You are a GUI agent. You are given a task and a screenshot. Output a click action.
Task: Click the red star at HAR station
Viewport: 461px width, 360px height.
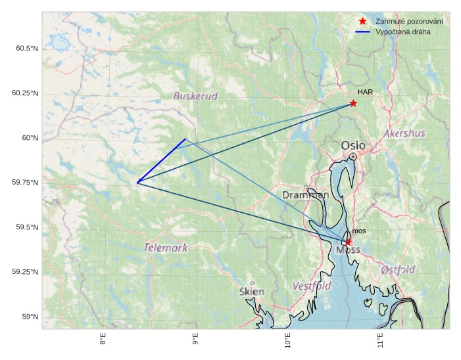point(353,103)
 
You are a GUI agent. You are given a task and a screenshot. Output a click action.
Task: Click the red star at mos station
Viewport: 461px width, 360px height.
point(348,242)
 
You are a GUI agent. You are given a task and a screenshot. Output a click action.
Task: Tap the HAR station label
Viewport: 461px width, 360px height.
point(366,92)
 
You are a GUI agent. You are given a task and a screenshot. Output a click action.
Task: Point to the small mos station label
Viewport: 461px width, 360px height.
point(359,231)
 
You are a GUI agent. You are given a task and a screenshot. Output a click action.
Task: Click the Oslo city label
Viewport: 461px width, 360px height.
point(353,145)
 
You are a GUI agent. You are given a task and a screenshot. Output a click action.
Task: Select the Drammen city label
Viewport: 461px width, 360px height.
point(305,195)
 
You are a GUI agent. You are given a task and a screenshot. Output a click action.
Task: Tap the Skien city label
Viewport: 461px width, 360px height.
point(252,291)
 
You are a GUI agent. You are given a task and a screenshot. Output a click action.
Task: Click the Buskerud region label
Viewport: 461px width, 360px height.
point(195,97)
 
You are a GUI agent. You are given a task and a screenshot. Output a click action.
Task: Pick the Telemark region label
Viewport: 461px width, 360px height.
point(166,248)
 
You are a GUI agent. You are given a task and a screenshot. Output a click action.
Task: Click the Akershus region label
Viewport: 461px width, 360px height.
point(404,133)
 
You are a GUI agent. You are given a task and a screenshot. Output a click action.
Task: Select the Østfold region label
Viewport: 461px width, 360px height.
point(398,269)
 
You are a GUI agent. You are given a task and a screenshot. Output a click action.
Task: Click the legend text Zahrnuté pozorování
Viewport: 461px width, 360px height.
point(409,22)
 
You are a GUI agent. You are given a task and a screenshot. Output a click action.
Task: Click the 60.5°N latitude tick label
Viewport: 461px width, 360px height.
point(25,49)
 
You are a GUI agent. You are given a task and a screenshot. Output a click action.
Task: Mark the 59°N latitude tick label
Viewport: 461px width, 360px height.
point(30,317)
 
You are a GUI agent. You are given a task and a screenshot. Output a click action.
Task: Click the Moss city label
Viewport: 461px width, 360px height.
point(348,250)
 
